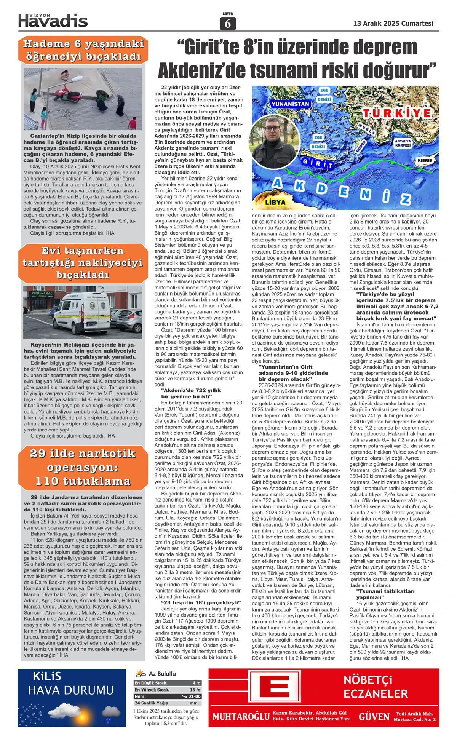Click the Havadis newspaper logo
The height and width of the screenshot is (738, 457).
[x=53, y=20]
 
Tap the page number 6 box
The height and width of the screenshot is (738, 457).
[x=228, y=24]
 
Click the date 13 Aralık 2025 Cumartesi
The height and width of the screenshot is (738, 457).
[x=393, y=23]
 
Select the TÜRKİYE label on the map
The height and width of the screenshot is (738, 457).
[x=397, y=113]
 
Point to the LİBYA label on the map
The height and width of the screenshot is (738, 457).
[x=275, y=202]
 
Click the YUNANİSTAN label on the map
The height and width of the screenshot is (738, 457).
[x=290, y=104]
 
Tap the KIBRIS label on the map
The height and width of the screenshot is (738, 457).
[x=425, y=160]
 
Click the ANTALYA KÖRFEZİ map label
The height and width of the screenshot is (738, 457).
[x=403, y=143]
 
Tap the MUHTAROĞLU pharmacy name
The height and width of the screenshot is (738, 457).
[x=241, y=717]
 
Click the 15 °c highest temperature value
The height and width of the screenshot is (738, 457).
[x=195, y=690]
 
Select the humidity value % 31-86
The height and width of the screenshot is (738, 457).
[x=191, y=696]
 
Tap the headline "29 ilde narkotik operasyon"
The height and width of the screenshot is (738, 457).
[x=83, y=467]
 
